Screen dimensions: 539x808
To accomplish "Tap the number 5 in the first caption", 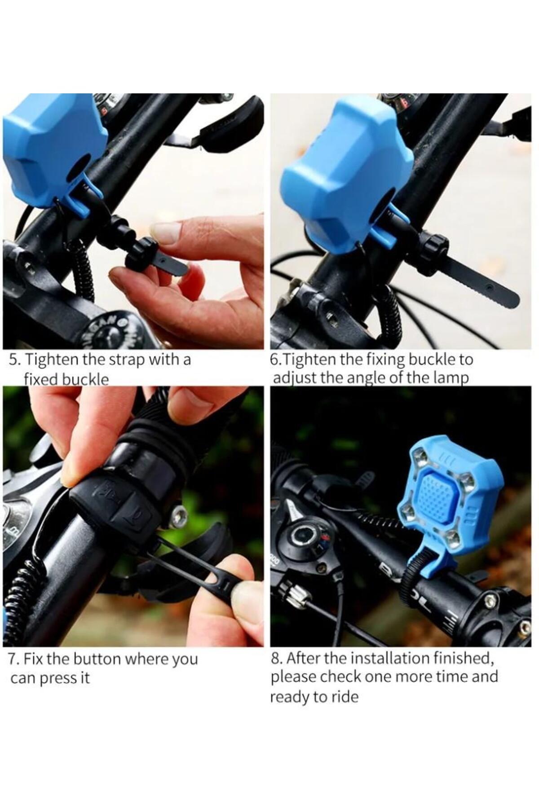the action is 13,360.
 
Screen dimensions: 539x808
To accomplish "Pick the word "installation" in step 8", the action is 389,658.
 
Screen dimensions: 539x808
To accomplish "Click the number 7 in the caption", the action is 13,659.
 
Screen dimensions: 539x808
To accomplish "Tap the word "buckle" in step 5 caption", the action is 85,379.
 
